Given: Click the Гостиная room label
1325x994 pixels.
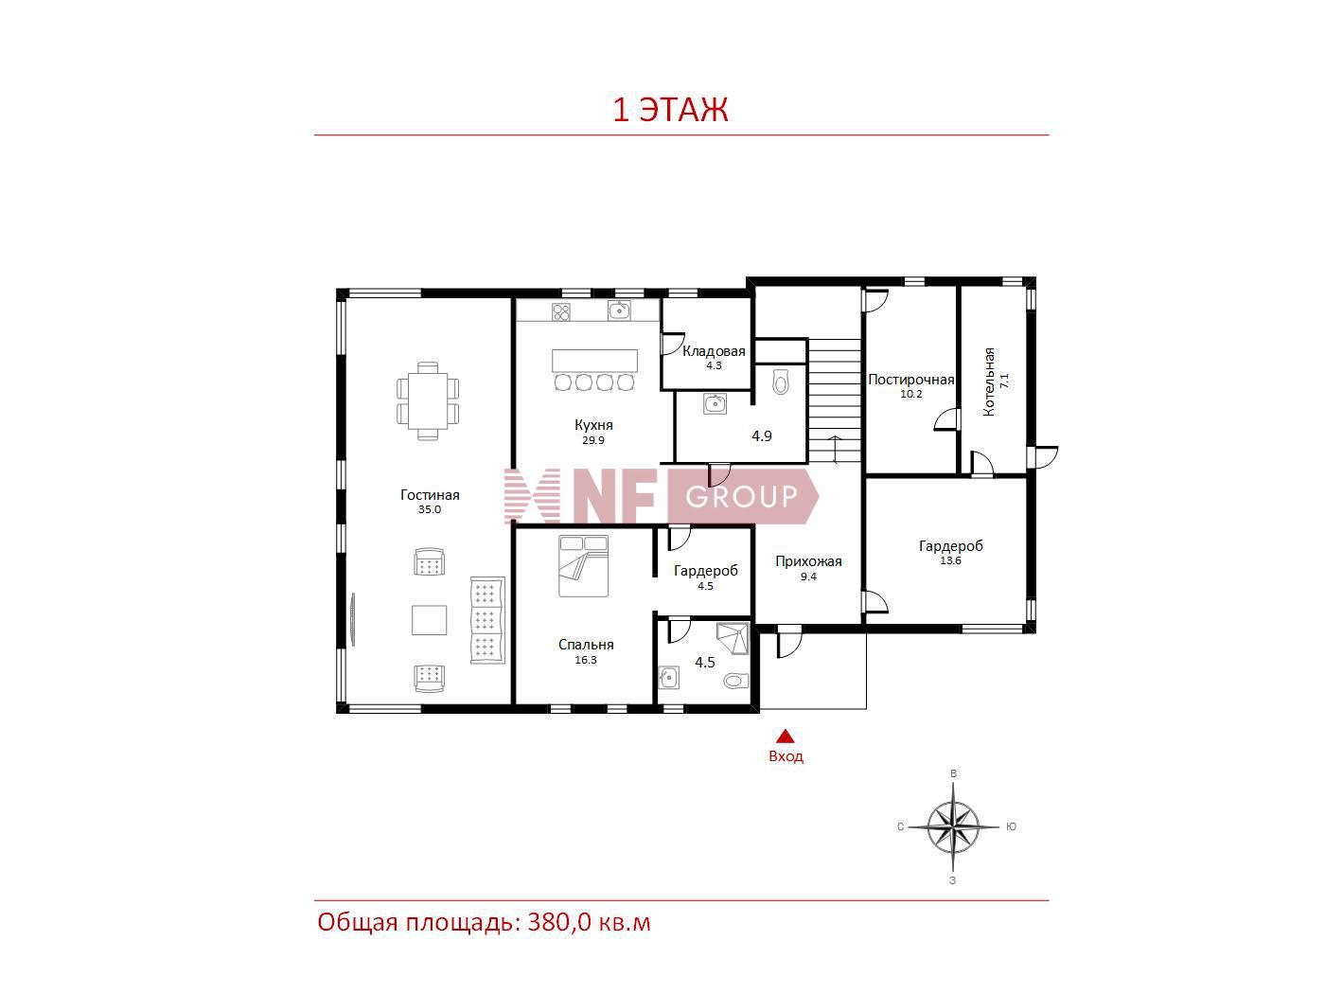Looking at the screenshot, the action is (x=429, y=495).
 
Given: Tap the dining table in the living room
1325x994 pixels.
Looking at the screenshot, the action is (x=428, y=400).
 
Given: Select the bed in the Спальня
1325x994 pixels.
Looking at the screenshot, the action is (x=583, y=566).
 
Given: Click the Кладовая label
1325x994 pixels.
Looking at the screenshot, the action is (x=714, y=351).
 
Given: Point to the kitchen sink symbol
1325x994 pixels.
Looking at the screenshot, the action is (x=619, y=311).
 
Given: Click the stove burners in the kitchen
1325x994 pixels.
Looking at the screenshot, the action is (x=561, y=312).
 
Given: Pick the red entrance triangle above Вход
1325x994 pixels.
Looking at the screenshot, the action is (x=785, y=736).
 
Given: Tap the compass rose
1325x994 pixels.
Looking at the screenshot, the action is (x=953, y=826).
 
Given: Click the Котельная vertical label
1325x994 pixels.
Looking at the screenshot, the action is (x=989, y=382).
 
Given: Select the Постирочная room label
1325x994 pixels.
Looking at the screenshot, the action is (x=910, y=380).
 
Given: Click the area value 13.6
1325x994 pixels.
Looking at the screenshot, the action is (x=950, y=560).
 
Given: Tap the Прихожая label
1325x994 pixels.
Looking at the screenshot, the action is (x=808, y=562).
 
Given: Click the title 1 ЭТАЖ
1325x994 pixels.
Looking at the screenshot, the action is (x=670, y=110).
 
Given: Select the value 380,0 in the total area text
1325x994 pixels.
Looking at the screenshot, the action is (x=559, y=923).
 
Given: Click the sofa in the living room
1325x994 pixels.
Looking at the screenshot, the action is (x=487, y=620).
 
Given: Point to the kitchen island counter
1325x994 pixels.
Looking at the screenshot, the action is (x=594, y=361).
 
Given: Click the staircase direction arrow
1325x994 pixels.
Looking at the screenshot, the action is (x=836, y=449).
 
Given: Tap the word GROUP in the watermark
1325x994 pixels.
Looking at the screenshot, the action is (x=741, y=497).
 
